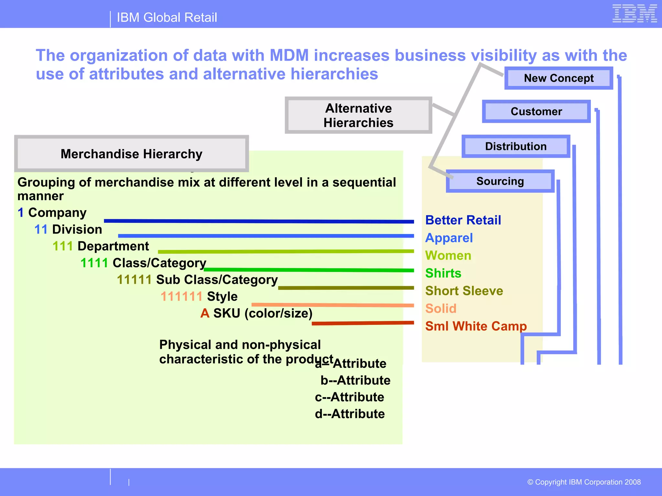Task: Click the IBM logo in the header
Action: (635, 14)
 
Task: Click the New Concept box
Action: (559, 78)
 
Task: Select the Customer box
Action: (536, 111)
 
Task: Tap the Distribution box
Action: (516, 146)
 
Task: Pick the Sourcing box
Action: (500, 181)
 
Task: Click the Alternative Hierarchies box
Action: (358, 115)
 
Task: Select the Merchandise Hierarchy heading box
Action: (131, 154)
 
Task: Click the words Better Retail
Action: (463, 220)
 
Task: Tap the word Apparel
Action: (449, 238)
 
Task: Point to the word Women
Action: (448, 255)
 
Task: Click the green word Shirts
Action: (443, 273)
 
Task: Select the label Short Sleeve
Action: (464, 291)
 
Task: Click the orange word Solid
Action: (441, 308)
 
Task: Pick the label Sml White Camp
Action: (475, 326)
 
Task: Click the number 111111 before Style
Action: (181, 296)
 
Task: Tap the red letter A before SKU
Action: (205, 313)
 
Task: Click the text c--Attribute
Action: (349, 397)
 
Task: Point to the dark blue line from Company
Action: (259, 221)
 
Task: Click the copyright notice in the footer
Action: (584, 482)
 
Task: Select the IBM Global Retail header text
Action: (167, 17)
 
